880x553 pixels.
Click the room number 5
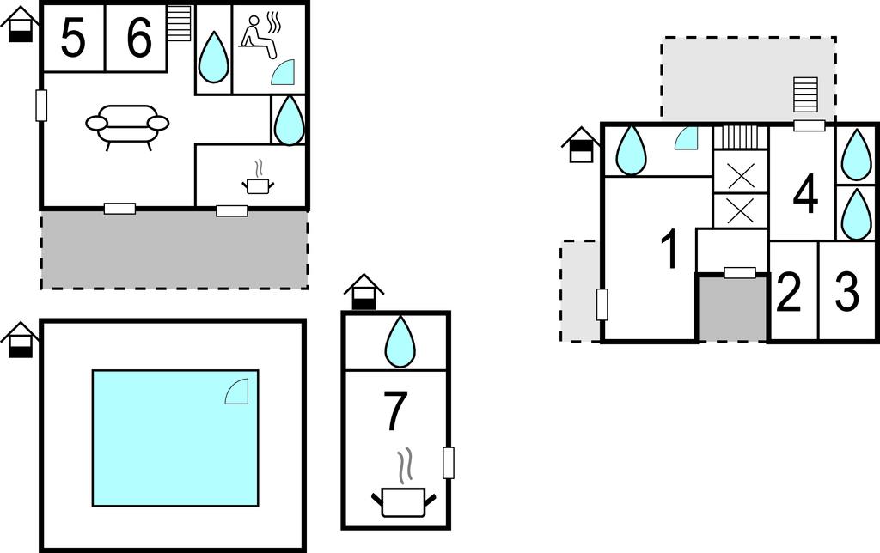tap(73, 38)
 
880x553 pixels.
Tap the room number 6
tap(139, 38)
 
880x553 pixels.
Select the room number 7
tap(394, 411)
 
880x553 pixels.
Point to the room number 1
tap(669, 250)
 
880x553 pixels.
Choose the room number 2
tap(789, 292)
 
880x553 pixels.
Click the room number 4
tap(806, 195)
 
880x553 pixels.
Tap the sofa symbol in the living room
tap(127, 127)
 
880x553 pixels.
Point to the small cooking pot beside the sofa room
tap(258, 179)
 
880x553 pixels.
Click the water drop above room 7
tap(400, 342)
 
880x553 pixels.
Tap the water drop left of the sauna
tap(214, 57)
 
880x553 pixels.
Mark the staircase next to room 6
tap(180, 23)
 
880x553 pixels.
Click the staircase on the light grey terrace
tap(805, 94)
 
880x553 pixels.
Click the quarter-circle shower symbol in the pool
tap(236, 391)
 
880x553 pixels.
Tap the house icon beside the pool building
tap(20, 340)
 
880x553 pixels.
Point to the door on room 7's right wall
tap(449, 463)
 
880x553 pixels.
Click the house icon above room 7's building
tap(364, 292)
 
